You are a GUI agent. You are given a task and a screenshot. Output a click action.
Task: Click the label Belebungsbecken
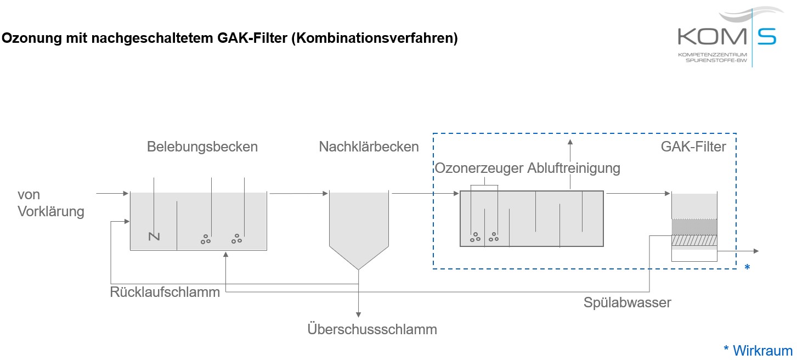pyautogui.click(x=202, y=147)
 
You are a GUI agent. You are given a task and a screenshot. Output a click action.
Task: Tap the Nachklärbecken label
pyautogui.click(x=369, y=147)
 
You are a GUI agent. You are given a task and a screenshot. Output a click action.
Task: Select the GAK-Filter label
pyautogui.click(x=693, y=147)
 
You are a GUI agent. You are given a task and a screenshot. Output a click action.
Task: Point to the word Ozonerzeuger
pyautogui.click(x=479, y=168)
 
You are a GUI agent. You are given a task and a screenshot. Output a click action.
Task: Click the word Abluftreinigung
pyautogui.click(x=574, y=168)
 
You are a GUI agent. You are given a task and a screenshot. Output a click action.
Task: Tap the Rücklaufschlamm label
pyautogui.click(x=165, y=292)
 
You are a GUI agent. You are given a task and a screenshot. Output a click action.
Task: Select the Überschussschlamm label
pyautogui.click(x=372, y=329)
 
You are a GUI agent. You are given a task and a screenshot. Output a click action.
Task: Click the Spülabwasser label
pyautogui.click(x=628, y=302)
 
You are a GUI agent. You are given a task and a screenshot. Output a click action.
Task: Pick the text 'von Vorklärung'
pyautogui.click(x=51, y=203)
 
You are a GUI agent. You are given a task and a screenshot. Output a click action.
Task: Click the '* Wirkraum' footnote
pyautogui.click(x=758, y=351)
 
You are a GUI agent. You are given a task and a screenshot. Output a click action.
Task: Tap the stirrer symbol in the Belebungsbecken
pyautogui.click(x=154, y=237)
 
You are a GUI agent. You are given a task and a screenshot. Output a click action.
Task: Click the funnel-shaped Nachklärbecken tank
pyautogui.click(x=358, y=225)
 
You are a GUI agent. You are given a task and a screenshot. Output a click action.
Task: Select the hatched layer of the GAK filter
pyautogui.click(x=694, y=241)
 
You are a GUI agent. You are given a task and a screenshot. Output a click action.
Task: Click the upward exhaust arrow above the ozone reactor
pyautogui.click(x=570, y=144)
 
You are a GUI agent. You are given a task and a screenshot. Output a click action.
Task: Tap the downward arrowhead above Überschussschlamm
pyautogui.click(x=358, y=314)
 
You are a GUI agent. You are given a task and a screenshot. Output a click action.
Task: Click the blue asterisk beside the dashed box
pyautogui.click(x=747, y=267)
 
